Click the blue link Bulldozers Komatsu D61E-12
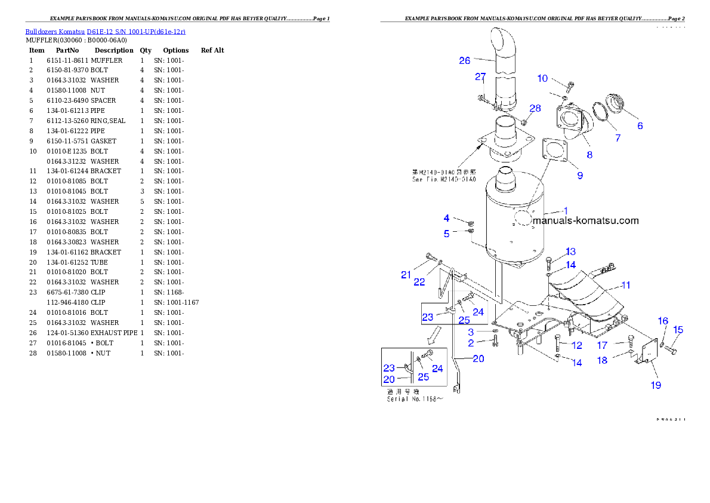pyautogui.click(x=105, y=31)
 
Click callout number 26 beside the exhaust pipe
pyautogui.click(x=465, y=60)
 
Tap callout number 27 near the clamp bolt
pyautogui.click(x=480, y=76)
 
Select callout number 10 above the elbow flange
pyautogui.click(x=542, y=78)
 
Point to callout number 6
pyautogui.click(x=640, y=125)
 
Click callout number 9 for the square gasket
pyautogui.click(x=580, y=176)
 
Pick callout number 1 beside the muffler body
pyautogui.click(x=566, y=210)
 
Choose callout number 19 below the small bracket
pyautogui.click(x=656, y=385)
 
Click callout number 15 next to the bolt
pyautogui.click(x=678, y=330)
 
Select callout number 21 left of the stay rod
pyautogui.click(x=406, y=275)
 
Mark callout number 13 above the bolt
pyautogui.click(x=571, y=251)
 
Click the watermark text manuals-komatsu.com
pyautogui.click(x=585, y=220)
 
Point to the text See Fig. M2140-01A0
pyautogui.click(x=444, y=179)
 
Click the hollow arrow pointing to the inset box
pyautogui.click(x=434, y=336)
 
